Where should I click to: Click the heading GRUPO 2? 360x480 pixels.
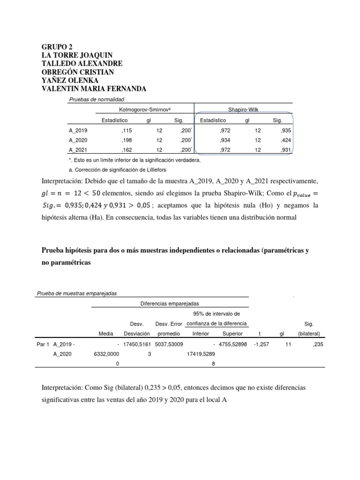pos(58,47)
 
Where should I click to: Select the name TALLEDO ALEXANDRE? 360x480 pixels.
pos(82,64)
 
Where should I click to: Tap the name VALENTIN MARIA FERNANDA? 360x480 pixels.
pos(94,89)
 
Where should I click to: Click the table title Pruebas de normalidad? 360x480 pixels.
pos(97,99)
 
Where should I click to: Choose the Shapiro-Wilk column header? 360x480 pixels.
pos(243,109)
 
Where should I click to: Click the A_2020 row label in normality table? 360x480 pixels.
pos(78,140)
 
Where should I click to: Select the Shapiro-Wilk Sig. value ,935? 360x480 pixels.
pos(286,130)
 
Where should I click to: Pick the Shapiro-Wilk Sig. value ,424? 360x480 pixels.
pos(286,140)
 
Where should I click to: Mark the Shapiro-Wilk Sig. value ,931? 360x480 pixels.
pos(286,150)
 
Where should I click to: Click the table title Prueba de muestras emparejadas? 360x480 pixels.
pos(76,294)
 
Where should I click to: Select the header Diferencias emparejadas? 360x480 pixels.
pos(169,304)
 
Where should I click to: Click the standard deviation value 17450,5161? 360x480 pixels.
pos(136,344)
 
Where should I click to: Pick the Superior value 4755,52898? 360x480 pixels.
pos(234,344)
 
